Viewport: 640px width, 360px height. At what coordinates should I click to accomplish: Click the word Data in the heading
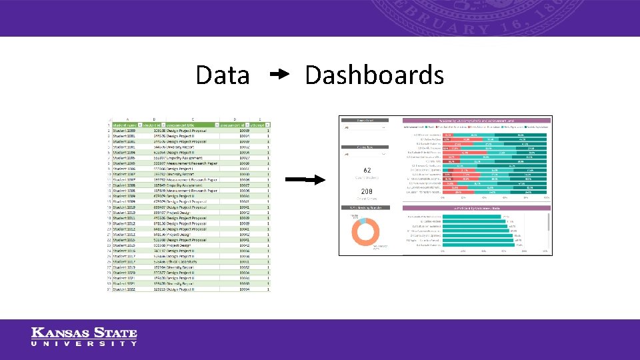pos(222,75)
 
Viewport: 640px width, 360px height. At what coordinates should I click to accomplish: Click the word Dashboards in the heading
pos(374,75)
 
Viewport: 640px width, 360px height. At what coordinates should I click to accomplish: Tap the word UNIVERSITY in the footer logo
pos(85,344)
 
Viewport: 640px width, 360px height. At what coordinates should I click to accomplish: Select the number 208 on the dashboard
pos(366,192)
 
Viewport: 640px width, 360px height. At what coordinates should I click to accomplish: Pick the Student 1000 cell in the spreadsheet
pos(125,131)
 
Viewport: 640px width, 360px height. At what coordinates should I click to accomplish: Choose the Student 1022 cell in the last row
pos(125,289)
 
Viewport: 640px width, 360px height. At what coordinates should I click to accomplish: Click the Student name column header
pos(125,125)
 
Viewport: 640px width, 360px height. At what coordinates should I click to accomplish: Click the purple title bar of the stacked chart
pos(477,120)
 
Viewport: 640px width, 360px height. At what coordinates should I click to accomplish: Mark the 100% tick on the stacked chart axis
pos(546,198)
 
